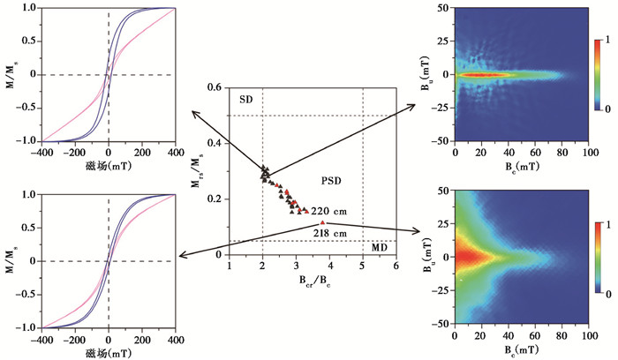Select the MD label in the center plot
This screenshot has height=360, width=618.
tap(378, 248)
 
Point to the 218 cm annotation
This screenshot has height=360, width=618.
tap(328, 232)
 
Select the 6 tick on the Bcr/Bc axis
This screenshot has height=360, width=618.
tap(396, 266)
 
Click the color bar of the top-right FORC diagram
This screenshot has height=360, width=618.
tap(598, 74)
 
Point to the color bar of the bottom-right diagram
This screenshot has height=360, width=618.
tap(598, 259)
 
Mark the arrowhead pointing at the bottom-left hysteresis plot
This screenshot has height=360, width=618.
tap(179, 257)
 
